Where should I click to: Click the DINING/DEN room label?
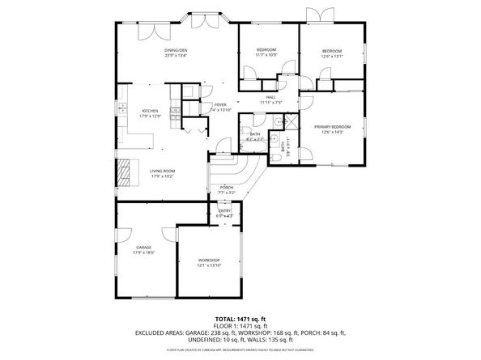[x=177, y=50]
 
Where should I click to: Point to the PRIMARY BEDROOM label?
[x=333, y=127]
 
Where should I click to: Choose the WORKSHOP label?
[x=209, y=260]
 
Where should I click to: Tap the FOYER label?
[x=220, y=105]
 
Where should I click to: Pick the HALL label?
[x=269, y=98]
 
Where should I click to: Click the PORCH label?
[x=227, y=187]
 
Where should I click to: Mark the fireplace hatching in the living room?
[x=125, y=172]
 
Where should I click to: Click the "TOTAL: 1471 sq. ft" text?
[x=240, y=320]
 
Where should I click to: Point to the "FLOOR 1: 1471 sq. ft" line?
[x=240, y=326]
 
